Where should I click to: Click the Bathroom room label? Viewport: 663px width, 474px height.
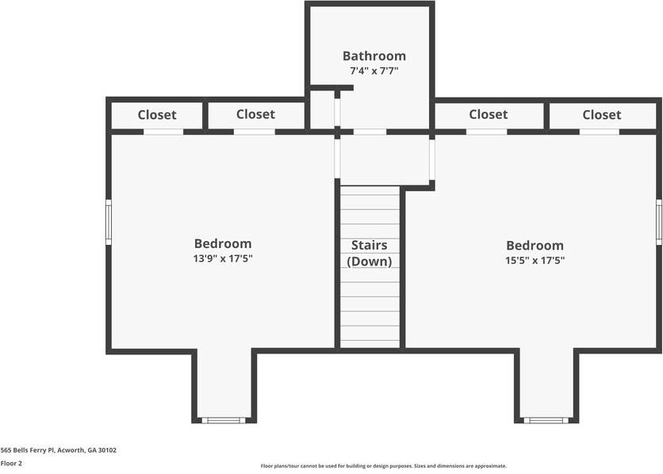(x=374, y=56)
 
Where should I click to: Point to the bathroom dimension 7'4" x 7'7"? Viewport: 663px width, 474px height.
(x=374, y=71)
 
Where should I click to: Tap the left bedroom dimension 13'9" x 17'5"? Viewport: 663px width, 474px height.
(x=223, y=258)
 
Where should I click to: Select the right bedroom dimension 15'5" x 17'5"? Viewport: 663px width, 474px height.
(x=535, y=260)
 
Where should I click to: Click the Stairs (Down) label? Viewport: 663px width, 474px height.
(x=370, y=254)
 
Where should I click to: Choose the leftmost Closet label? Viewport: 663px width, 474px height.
(x=157, y=115)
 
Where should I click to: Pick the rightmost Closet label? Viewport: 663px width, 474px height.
(x=601, y=115)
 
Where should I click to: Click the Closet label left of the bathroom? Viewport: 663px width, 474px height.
(x=255, y=115)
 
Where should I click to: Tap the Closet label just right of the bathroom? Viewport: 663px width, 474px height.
(x=488, y=115)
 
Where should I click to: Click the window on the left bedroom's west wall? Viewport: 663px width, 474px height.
(x=109, y=222)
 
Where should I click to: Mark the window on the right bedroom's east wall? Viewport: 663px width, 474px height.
(x=658, y=221)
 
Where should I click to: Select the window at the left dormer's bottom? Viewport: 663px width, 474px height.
(x=224, y=419)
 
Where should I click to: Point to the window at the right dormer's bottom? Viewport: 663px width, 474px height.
(x=546, y=419)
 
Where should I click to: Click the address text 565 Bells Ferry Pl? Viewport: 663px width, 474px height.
(x=59, y=450)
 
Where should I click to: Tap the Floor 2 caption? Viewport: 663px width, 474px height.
(x=11, y=463)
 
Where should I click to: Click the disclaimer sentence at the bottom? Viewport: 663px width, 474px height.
(x=383, y=466)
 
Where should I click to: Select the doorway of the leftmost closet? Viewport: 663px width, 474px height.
(x=163, y=132)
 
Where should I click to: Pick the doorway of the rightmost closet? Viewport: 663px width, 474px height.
(x=600, y=132)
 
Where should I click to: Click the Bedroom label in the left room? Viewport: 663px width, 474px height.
(x=223, y=244)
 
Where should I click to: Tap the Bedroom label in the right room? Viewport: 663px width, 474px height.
(x=535, y=246)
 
